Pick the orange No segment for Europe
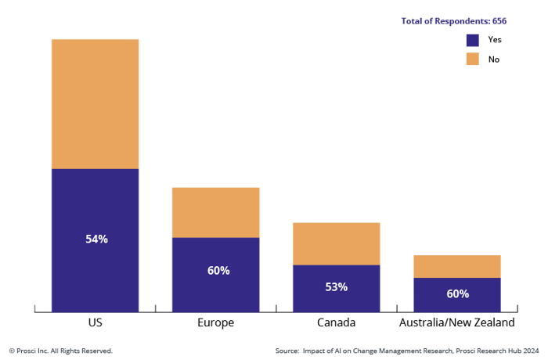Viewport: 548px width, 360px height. tap(216, 212)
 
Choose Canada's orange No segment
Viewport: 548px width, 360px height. tap(337, 243)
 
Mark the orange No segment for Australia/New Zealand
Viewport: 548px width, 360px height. tap(457, 266)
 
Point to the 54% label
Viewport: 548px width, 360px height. tap(96, 239)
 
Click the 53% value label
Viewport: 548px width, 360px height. tap(336, 287)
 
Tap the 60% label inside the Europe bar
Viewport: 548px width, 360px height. tap(218, 271)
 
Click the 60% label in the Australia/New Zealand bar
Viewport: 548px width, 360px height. tap(457, 294)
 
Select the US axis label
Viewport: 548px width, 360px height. tap(96, 323)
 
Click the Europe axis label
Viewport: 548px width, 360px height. tap(215, 323)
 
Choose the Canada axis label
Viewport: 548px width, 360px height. tap(336, 323)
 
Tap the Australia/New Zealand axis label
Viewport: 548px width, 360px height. tap(457, 323)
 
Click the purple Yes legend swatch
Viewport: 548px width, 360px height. tap(472, 40)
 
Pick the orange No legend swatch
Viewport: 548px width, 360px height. tap(472, 59)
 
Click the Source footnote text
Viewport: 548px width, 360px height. tap(407, 351)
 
